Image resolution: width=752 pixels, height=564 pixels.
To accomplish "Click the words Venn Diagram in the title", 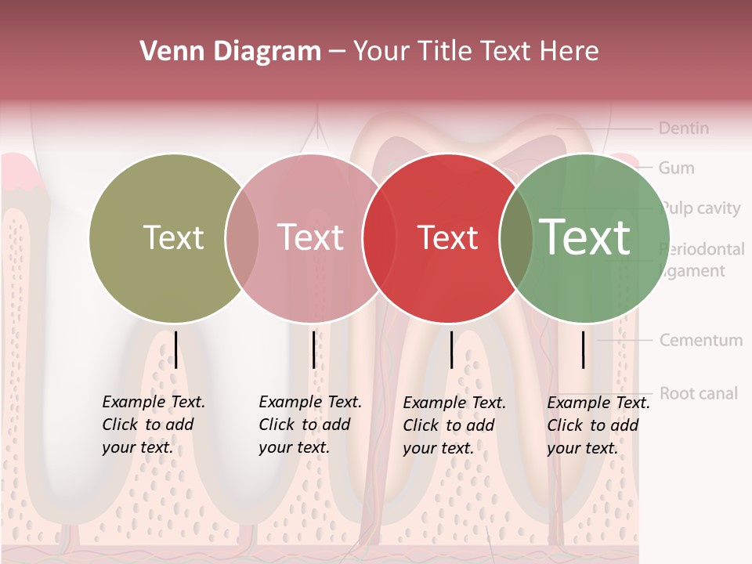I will point(230,52).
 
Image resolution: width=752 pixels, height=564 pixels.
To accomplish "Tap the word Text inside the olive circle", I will point(173,238).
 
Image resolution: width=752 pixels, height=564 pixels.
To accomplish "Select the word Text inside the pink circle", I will point(310,238).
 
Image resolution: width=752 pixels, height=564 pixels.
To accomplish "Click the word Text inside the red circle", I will point(447,238).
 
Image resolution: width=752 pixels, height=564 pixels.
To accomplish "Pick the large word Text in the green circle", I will point(585,237).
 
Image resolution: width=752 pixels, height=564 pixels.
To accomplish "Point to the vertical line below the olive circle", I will point(175,349).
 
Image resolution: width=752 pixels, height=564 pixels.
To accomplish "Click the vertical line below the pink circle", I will point(313,349).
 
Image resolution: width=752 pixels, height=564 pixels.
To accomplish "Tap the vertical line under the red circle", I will point(451,349).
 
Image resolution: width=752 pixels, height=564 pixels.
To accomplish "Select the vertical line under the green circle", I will point(583,349).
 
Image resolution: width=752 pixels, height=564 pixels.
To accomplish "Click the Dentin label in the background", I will point(683,128).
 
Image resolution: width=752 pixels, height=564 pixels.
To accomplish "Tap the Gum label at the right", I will point(676,168).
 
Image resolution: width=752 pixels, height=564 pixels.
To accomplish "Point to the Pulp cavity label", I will point(700,208).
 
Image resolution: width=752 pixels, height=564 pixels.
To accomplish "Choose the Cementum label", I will point(700,341).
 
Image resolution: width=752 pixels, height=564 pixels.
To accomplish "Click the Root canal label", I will point(698,393).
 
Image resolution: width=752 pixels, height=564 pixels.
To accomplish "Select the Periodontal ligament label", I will point(702,260).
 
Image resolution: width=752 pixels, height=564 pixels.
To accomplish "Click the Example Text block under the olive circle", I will point(154,425).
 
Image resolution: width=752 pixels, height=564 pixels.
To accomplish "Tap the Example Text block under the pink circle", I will point(310,425).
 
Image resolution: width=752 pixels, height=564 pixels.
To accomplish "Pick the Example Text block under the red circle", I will point(454,425).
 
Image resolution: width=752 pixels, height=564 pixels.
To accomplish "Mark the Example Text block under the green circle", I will point(598,425).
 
